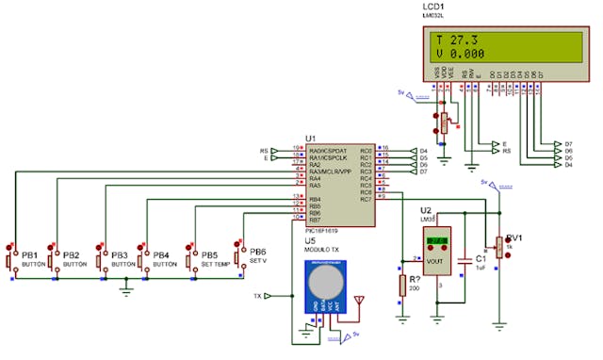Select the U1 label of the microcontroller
311,138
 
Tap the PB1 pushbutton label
30,255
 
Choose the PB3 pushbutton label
120,255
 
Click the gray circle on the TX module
328,282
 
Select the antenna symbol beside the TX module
358,302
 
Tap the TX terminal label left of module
257,296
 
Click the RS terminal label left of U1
265,149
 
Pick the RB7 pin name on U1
315,221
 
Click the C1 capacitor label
480,256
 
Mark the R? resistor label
414,279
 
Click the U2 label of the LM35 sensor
426,209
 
